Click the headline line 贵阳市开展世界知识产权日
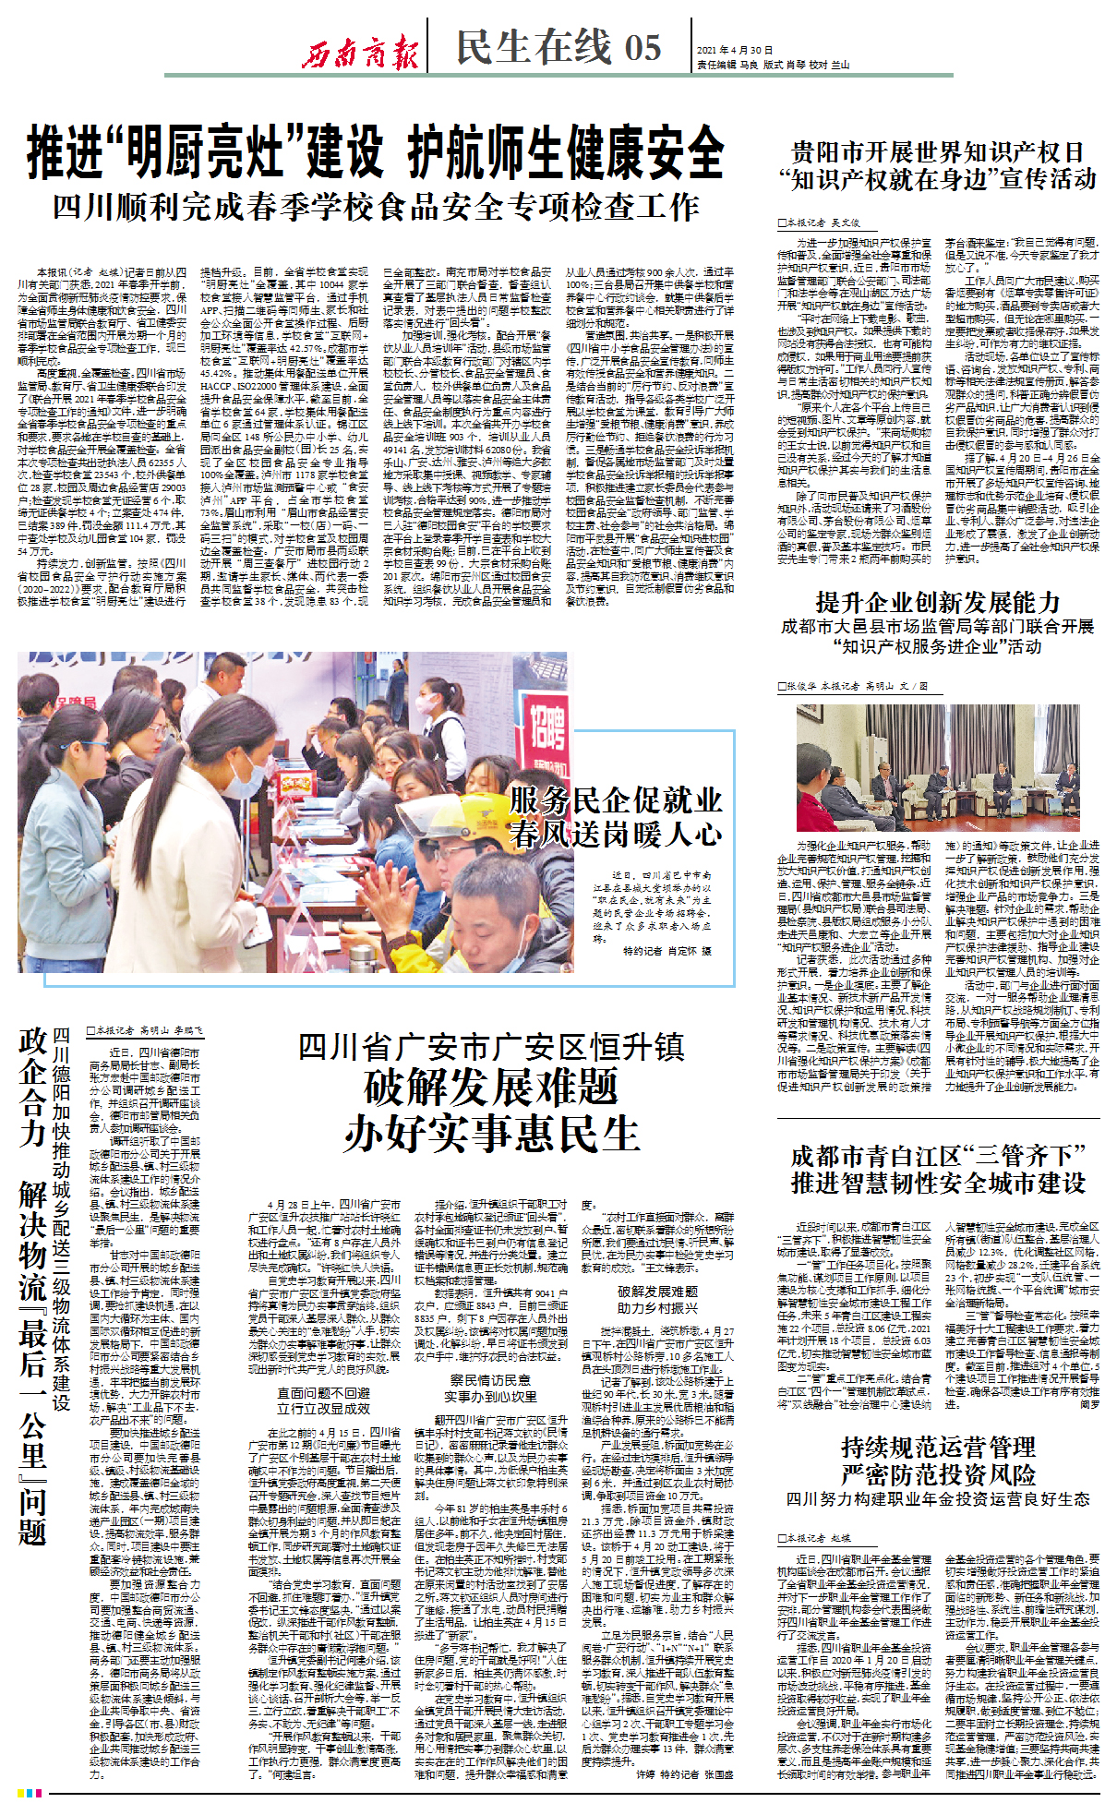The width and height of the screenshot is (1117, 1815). pyautogui.click(x=938, y=152)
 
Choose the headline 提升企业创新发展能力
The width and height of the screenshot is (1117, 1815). pyautogui.click(x=937, y=603)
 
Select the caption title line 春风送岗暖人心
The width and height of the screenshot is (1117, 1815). pyautogui.click(x=616, y=835)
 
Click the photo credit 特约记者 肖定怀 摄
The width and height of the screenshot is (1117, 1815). pyautogui.click(x=667, y=951)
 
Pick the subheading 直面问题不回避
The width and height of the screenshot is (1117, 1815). pyautogui.click(x=324, y=1393)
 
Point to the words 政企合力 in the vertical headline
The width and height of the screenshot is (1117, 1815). pyautogui.click(x=33, y=1088)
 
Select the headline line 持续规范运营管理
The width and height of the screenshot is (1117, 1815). pyautogui.click(x=938, y=1447)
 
